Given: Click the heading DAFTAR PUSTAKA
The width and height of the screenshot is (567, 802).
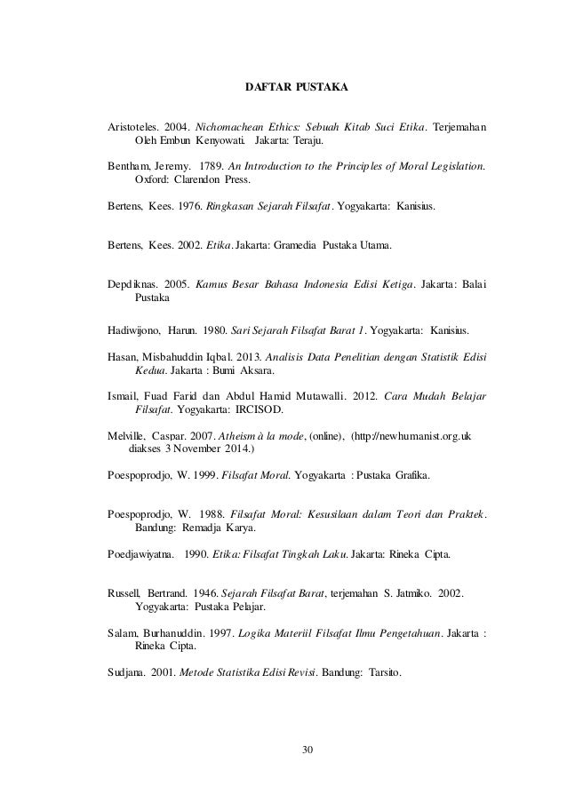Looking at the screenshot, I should tap(296, 89).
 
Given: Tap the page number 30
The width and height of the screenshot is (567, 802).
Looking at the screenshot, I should tap(308, 752).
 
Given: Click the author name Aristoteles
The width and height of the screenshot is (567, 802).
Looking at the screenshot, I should tap(134, 125).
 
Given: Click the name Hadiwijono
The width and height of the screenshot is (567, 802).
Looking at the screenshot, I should tap(133, 331).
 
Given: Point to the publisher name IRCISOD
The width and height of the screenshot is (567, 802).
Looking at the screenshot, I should tap(262, 411).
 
